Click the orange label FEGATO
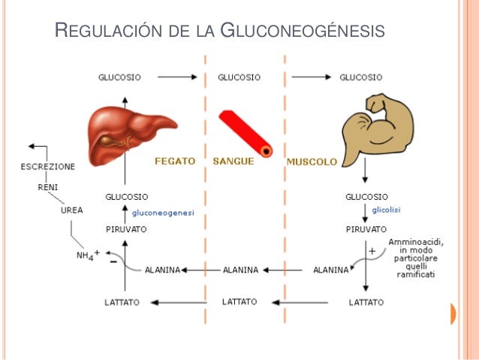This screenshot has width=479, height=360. click(x=175, y=161)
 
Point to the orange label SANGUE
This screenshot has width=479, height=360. click(x=233, y=161)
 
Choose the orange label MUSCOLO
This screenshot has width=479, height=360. click(x=312, y=161)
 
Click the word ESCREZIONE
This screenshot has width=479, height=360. click(x=48, y=165)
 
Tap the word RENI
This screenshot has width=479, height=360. click(x=47, y=186)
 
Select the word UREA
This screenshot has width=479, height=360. click(x=72, y=210)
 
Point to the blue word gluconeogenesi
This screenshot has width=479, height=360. click(x=163, y=213)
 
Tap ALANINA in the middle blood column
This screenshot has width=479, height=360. click(x=241, y=269)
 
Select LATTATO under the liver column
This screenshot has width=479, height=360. click(x=122, y=302)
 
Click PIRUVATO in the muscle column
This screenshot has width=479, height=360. click(x=366, y=228)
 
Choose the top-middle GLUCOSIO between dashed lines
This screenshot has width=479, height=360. click(x=239, y=77)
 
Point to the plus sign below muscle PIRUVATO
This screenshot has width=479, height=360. click(x=372, y=250)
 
